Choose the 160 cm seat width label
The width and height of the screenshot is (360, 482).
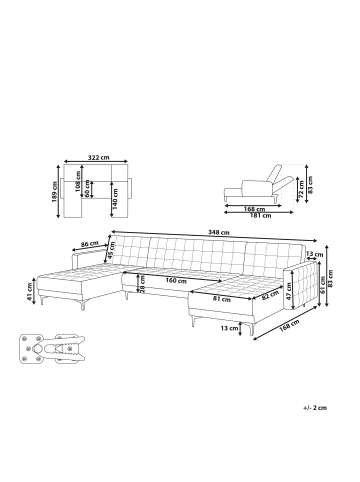tap(176, 281)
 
